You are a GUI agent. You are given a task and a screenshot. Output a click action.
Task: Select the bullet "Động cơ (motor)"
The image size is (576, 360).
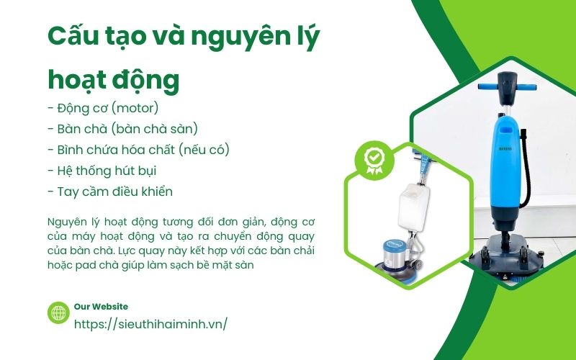(103, 108)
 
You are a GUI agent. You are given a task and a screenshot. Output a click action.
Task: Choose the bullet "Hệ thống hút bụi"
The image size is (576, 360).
(102, 171)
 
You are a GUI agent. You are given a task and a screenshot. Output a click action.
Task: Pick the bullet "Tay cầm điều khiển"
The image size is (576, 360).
(109, 192)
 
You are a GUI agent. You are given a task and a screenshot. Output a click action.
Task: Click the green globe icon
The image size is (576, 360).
(58, 312)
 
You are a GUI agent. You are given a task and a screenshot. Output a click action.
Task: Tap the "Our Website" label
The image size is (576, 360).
(101, 306)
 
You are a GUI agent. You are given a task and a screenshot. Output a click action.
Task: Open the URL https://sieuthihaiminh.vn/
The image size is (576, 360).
(150, 323)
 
